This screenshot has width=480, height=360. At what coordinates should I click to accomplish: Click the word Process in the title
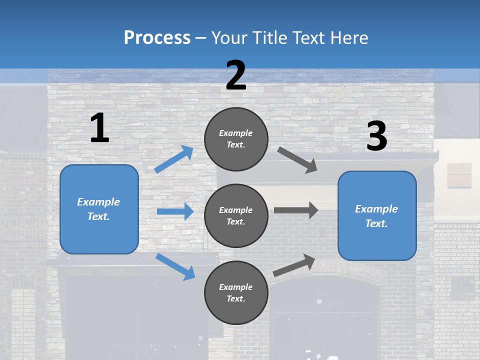pos(157,37)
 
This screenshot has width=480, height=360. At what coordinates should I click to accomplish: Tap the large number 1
pos(99,128)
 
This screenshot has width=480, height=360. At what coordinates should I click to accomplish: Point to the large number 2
pos(236,75)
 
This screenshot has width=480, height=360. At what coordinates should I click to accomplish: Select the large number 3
pos(376,136)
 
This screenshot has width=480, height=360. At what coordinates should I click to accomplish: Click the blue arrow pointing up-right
pos(173,159)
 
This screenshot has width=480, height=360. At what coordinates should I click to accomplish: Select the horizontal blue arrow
pos(175,211)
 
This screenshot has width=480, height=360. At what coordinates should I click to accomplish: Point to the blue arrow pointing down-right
pos(175,266)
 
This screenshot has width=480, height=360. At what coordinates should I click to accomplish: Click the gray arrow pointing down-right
pos(297,160)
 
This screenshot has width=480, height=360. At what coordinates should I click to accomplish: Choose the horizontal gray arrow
pos(296,210)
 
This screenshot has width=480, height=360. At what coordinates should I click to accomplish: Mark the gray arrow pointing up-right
pos(294,265)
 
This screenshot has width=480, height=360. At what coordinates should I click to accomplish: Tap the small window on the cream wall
pos(459,175)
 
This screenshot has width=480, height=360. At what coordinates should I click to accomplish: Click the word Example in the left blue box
pos(98,202)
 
